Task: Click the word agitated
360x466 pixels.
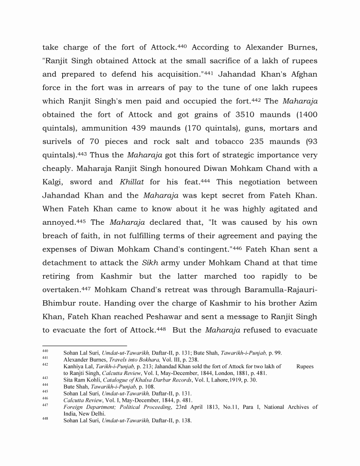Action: pos(271,209)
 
